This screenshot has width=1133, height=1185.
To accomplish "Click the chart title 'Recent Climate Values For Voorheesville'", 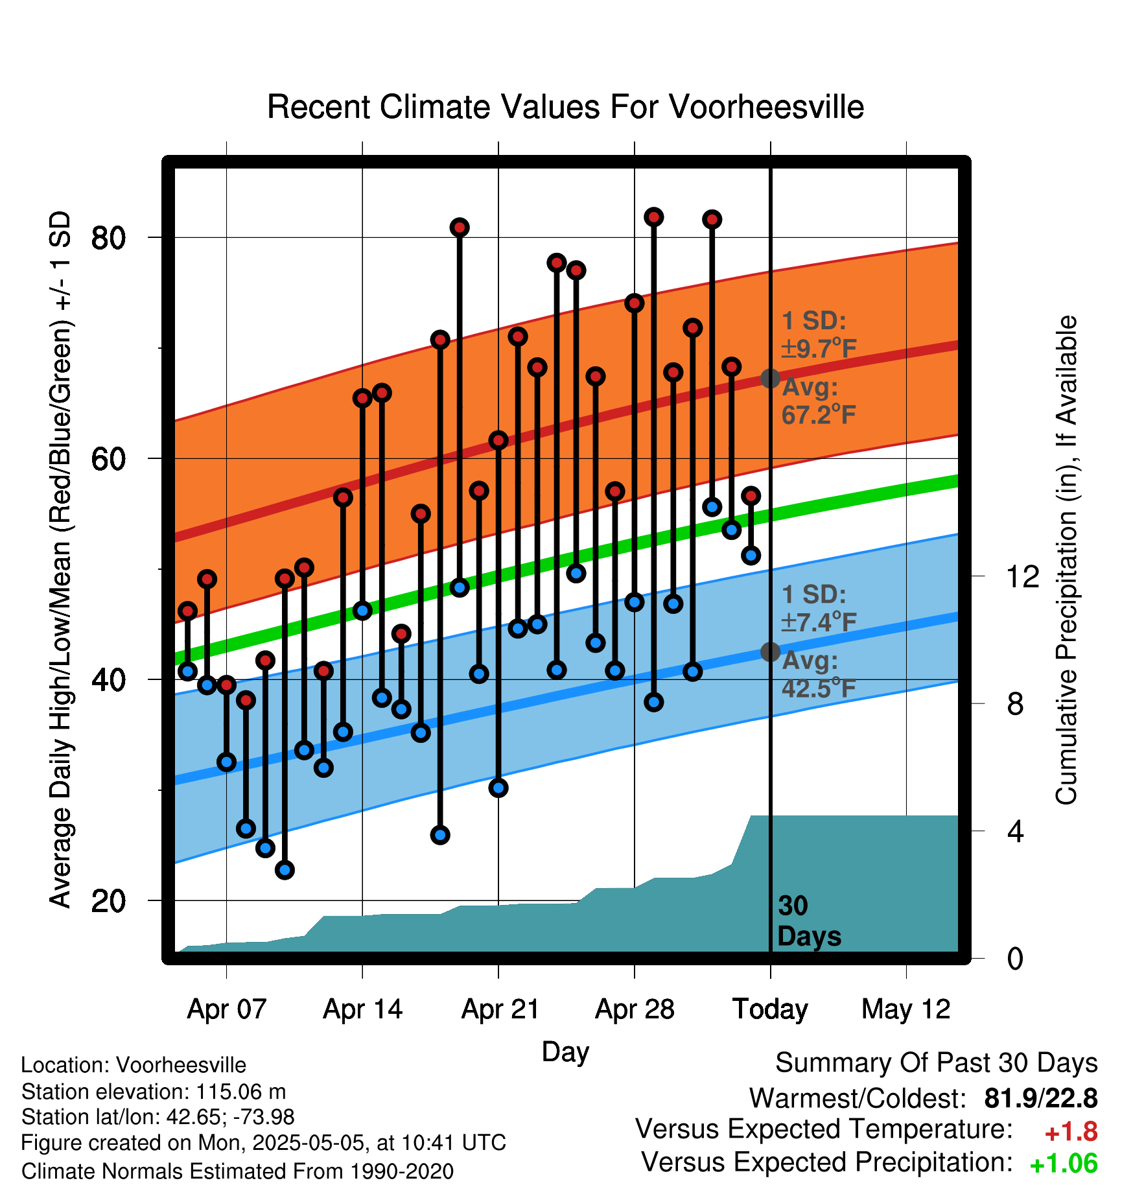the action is pos(565,107).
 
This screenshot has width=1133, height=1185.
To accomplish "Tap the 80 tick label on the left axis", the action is pos(108,238).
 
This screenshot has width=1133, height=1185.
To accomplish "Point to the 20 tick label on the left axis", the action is pos(108,900).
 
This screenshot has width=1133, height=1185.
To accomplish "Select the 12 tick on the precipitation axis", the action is pos(1022,576).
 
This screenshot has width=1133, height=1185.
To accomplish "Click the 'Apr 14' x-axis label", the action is pos(362,1009).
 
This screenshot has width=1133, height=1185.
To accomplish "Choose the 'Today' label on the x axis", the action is pos(770,1009).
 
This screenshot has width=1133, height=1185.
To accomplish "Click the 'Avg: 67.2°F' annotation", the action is pos(819,401).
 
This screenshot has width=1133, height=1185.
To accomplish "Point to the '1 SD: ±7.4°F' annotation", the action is pos(819,608).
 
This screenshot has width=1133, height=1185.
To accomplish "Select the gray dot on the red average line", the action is pos(770,378).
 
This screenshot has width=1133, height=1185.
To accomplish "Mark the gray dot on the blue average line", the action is pos(770,651).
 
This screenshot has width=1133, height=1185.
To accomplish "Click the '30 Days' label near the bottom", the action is pos(809,921).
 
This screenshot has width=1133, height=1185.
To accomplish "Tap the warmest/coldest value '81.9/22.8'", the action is pos(1040,1098).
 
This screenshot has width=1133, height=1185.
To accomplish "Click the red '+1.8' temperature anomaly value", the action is pos(1071,1132).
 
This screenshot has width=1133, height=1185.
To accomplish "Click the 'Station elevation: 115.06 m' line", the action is pos(154,1092).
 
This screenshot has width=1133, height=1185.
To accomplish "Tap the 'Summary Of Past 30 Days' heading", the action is pos(937,1063).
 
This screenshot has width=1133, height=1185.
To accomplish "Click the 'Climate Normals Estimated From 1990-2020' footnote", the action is pos(237,1171).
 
